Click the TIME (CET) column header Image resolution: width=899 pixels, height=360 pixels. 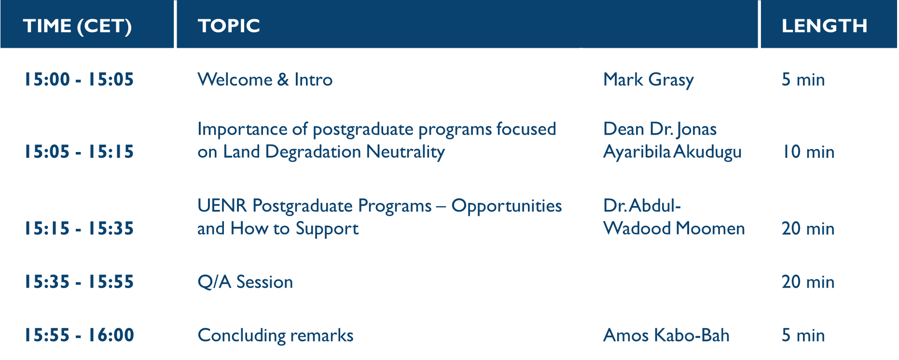pos(77,26)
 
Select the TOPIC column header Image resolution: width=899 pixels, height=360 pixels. pos(229,26)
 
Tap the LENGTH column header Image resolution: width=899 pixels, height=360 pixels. pos(824,26)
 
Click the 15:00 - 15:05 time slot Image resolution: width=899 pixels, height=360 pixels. pos(79,80)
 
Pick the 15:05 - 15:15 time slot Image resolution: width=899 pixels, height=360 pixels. pos(79,152)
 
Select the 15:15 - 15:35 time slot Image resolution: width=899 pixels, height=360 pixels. pos(79,229)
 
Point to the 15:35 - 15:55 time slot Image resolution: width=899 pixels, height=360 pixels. pos(79,282)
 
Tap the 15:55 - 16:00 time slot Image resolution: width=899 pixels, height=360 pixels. pos(79,335)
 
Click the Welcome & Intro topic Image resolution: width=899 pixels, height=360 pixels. pos(265,80)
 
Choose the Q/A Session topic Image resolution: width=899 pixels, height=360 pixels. pos(245,282)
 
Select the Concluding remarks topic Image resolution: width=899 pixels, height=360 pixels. pos(276,335)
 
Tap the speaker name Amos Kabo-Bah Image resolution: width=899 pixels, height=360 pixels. pos(666,335)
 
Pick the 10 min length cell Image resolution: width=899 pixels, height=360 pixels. pos(808,152)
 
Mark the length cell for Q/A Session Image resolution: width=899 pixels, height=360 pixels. pos(808,282)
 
